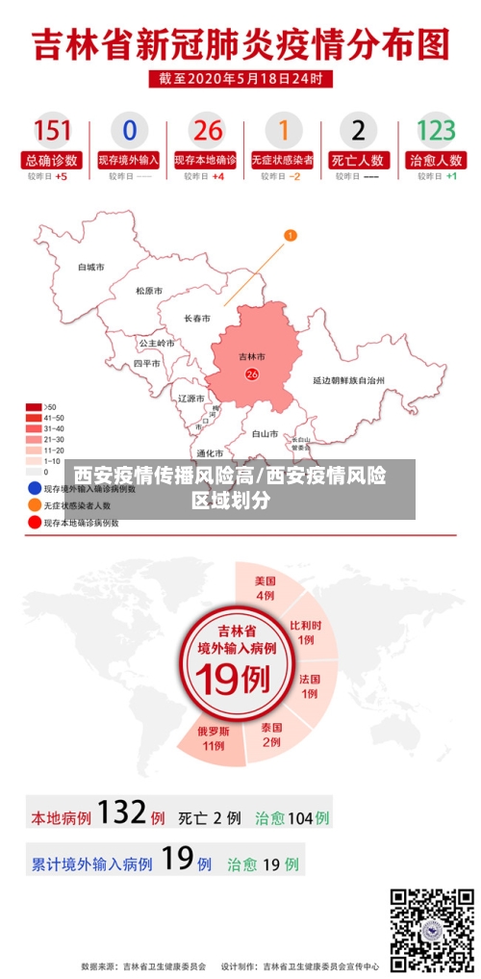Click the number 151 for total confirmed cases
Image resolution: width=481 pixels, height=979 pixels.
pos(52,130)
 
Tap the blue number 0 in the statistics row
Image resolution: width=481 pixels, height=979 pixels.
pos(129,130)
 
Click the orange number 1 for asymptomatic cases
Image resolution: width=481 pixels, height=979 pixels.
pos(283,130)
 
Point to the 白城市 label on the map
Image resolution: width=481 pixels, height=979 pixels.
pos(90,267)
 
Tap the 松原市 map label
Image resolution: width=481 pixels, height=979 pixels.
pos(148,291)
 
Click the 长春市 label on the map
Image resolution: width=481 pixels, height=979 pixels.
pos(197,318)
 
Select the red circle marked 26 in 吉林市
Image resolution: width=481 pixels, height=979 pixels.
pos(252,374)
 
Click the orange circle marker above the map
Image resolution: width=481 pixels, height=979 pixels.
pos(291,235)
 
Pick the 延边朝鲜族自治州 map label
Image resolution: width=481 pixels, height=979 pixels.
pos(348,381)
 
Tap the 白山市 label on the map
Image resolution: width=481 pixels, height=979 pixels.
pos(265,434)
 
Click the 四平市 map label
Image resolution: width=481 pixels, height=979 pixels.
pos(147,364)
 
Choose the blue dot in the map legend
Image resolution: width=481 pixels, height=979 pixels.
pos(34,488)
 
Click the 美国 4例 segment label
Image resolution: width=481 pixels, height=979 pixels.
pos(266,588)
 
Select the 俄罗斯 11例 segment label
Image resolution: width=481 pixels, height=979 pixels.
pos(213,738)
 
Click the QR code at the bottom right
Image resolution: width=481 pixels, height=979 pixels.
pos(431,928)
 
